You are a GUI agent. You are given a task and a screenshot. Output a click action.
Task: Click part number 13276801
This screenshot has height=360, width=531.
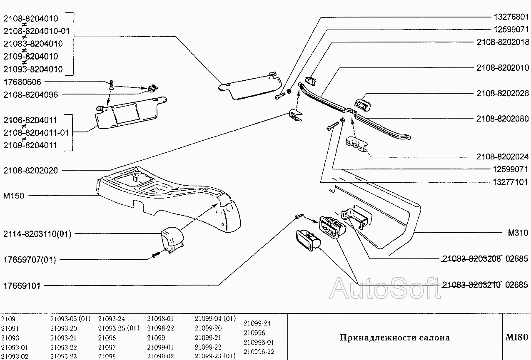[x=511, y=17]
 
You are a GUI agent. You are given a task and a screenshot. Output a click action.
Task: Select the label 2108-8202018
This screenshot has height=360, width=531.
[x=503, y=42]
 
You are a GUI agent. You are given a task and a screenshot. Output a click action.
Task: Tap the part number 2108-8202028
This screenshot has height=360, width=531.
[x=503, y=94]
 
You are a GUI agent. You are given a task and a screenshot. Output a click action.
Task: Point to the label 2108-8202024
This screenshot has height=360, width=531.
[x=503, y=157]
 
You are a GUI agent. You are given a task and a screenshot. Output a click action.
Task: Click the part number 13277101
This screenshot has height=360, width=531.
[x=511, y=182]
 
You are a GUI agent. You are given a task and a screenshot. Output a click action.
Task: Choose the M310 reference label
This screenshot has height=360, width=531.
[x=518, y=233]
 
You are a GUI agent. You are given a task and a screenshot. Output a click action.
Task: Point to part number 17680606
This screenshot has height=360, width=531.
[x=22, y=82]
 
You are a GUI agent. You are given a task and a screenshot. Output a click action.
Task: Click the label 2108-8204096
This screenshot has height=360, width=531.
[x=30, y=94]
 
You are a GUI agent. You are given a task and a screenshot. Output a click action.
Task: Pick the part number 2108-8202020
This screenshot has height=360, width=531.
[x=30, y=170]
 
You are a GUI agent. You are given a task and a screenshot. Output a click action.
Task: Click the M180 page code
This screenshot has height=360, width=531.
[x=516, y=337]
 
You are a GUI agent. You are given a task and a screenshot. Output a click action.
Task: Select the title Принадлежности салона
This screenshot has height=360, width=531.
[x=395, y=337]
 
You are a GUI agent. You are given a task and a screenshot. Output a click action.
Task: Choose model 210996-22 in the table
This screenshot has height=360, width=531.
[x=259, y=351]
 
